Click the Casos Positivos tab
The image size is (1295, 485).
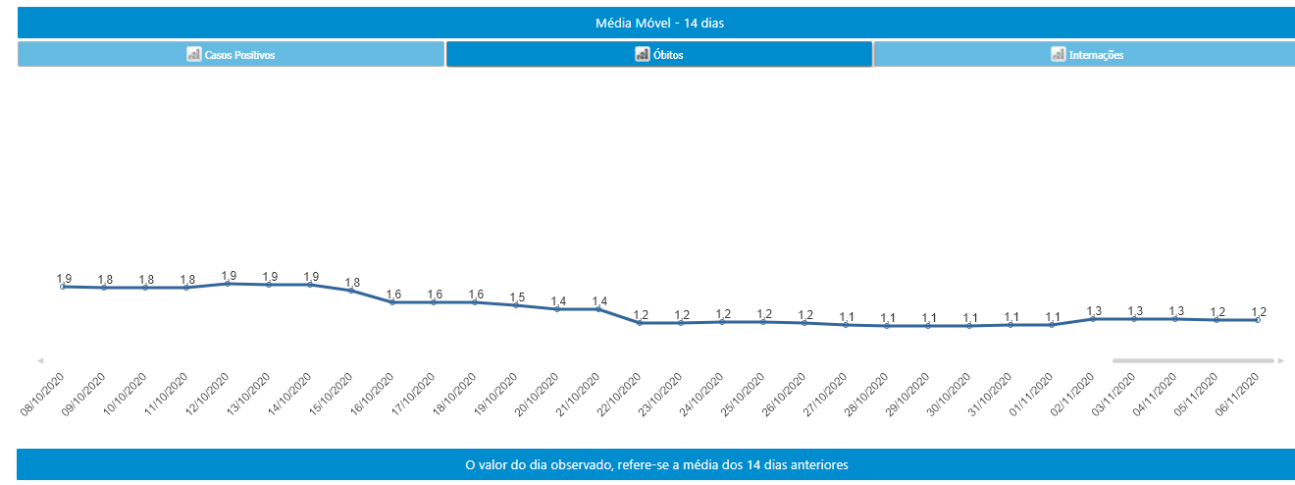pos(232,55)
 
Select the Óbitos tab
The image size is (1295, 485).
pos(659,55)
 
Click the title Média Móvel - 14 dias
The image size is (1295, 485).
pos(659,23)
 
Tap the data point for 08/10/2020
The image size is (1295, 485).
pos(63,287)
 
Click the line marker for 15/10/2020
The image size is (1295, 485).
pos(351,291)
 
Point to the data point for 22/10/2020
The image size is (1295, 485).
pos(640,323)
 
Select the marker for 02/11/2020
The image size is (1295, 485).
pos(1093,319)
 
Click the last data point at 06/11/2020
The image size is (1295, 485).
pos(1258,320)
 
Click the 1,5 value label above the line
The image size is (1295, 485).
pos(516,297)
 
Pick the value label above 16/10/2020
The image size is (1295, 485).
pos(392,295)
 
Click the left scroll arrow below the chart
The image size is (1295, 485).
pos(40,360)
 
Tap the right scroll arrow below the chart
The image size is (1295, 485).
pos(1281,360)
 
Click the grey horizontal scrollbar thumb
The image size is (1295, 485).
pos(1193,360)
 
